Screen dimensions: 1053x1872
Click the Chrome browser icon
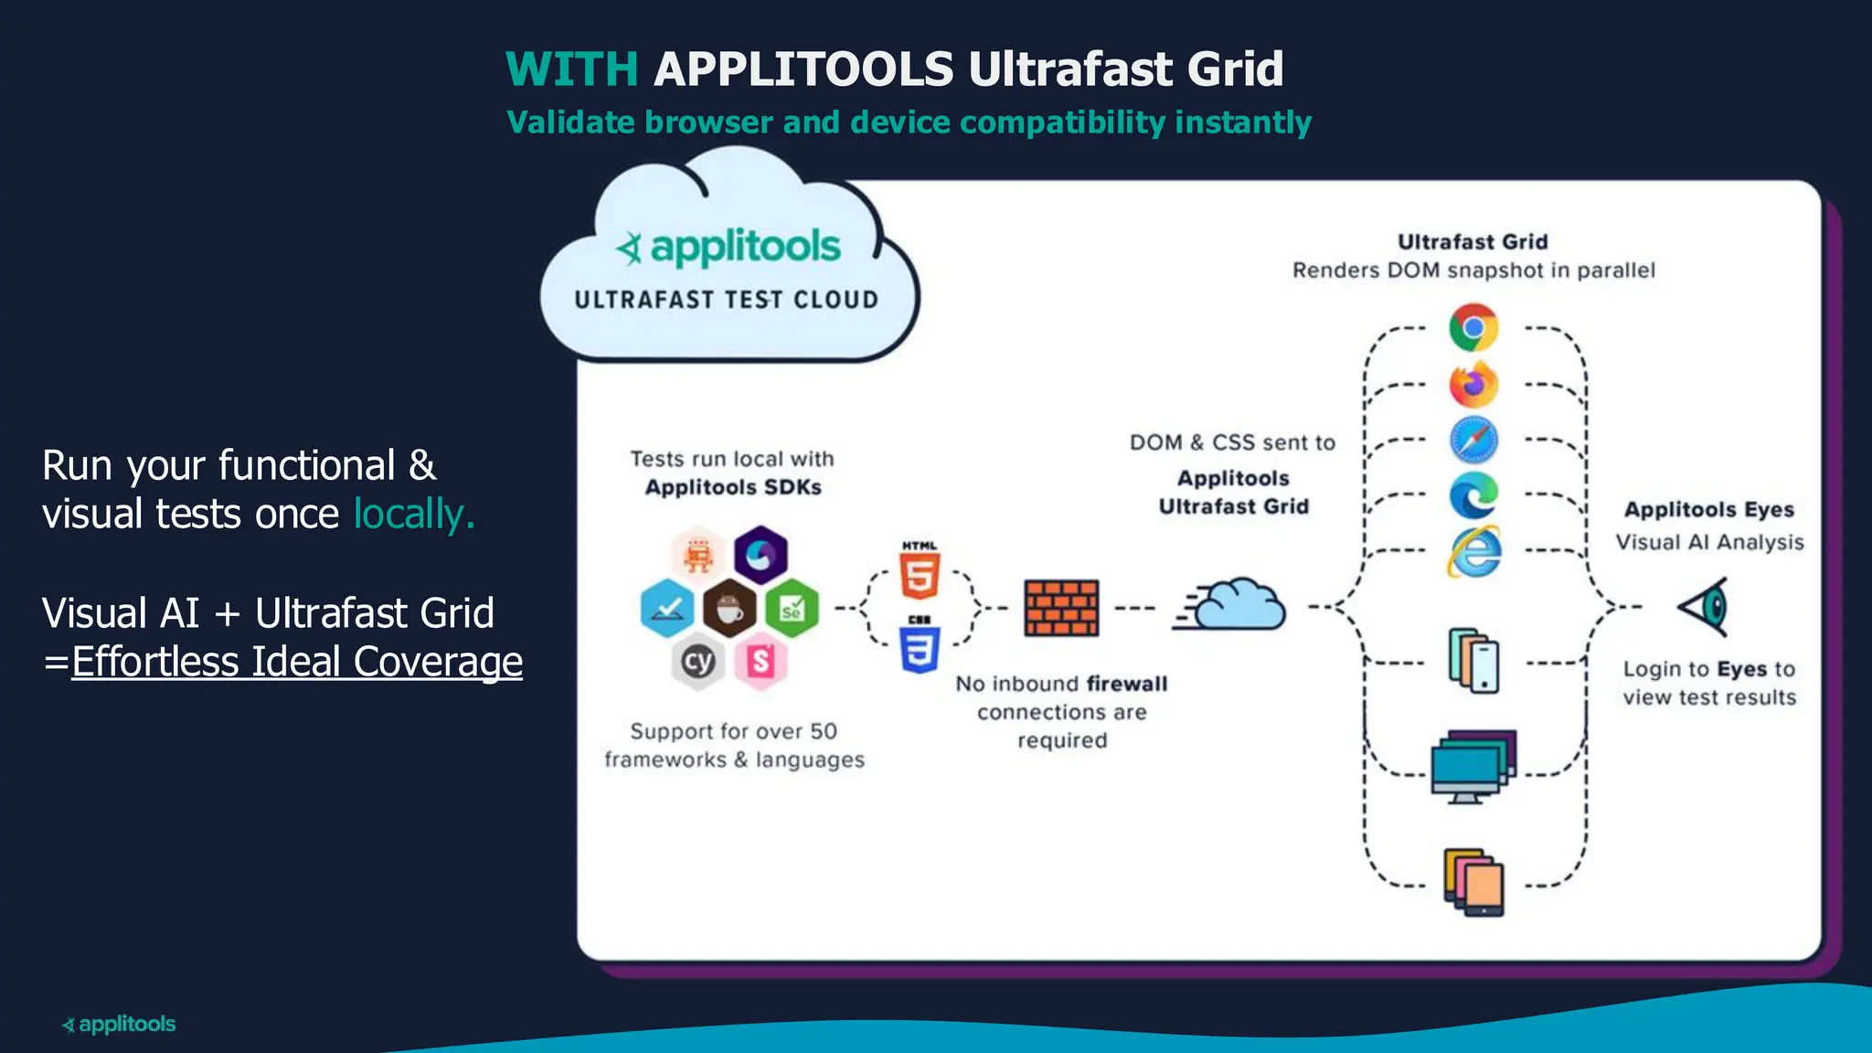(1473, 327)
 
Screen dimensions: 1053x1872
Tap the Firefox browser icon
(1473, 384)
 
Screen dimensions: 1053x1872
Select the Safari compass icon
(1473, 440)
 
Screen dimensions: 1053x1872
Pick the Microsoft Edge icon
(1473, 495)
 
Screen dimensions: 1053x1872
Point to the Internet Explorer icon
(1473, 551)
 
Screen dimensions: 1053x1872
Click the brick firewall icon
(1061, 608)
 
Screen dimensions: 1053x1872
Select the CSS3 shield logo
(920, 645)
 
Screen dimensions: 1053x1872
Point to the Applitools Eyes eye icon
(1706, 606)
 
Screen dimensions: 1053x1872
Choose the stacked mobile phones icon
(1473, 660)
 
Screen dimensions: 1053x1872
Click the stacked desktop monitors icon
(1472, 766)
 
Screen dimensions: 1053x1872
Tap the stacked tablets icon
(1473, 882)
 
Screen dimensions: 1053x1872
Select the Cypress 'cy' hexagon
(698, 661)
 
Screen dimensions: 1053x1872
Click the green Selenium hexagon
(792, 608)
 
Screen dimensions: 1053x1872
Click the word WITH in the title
(572, 69)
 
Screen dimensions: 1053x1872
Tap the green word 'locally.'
(414, 514)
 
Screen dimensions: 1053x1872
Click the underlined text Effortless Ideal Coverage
(297, 662)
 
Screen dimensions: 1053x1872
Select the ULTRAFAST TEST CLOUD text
(726, 300)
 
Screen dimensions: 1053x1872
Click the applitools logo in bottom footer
(119, 1024)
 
